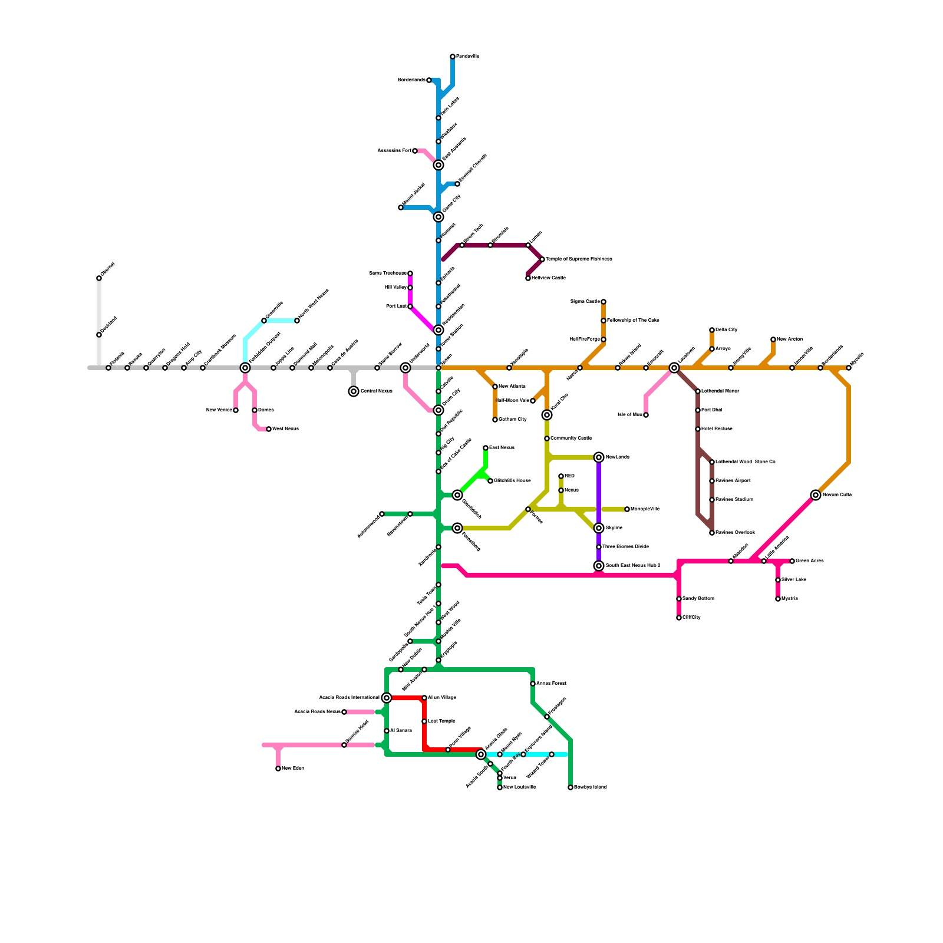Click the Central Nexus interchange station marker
point(354,391)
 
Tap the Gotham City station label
point(512,420)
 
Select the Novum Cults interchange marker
point(816,495)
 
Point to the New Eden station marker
point(278,769)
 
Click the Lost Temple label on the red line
point(441,721)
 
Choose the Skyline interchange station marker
point(599,528)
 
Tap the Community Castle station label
point(571,438)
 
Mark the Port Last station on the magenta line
point(410,306)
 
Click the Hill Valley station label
point(395,288)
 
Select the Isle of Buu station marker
point(646,415)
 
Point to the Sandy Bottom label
point(698,599)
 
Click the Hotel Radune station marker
point(698,429)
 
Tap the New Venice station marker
point(236,410)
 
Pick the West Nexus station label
point(285,429)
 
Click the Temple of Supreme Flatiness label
point(579,259)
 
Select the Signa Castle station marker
point(604,302)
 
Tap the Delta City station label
point(726,330)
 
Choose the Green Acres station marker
point(792,561)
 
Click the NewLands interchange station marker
point(599,457)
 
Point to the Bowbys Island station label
point(590,787)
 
